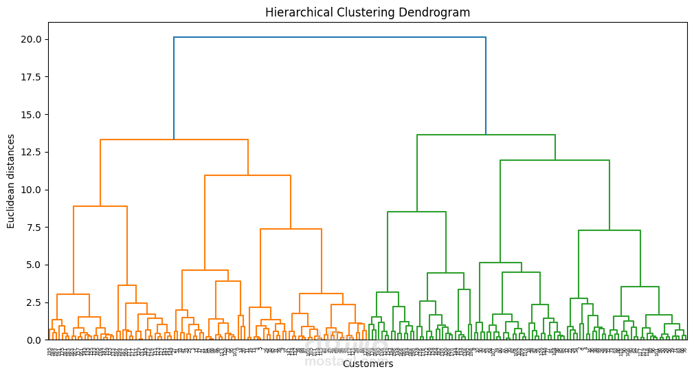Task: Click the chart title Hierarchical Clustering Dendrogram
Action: (x=368, y=12)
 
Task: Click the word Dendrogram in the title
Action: (x=438, y=12)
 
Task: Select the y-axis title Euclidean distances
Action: (x=11, y=181)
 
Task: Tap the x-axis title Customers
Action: (x=368, y=364)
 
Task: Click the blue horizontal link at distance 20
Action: (x=330, y=37)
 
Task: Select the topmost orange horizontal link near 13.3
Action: (x=174, y=140)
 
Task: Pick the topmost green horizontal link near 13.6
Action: (x=486, y=135)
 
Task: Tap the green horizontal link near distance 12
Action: (x=555, y=160)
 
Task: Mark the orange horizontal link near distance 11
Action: (x=247, y=175)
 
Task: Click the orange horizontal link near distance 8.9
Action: (x=100, y=206)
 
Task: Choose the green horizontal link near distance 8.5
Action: (x=416, y=212)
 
